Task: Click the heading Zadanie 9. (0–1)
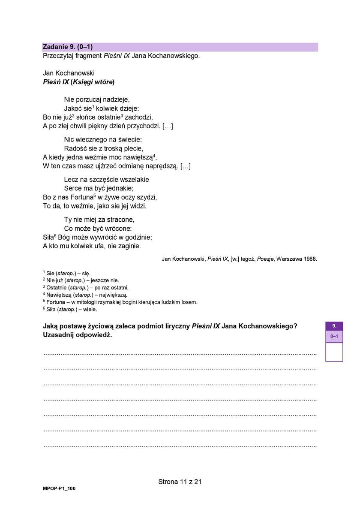click(68, 47)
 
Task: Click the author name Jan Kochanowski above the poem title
click(69, 73)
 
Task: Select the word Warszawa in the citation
click(288, 259)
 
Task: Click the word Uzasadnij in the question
click(60, 335)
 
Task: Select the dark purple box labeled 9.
click(334, 326)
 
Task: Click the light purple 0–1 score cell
click(334, 337)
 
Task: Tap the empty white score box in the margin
click(334, 352)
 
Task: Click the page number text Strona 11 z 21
click(180, 482)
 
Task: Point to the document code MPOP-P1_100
click(59, 488)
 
